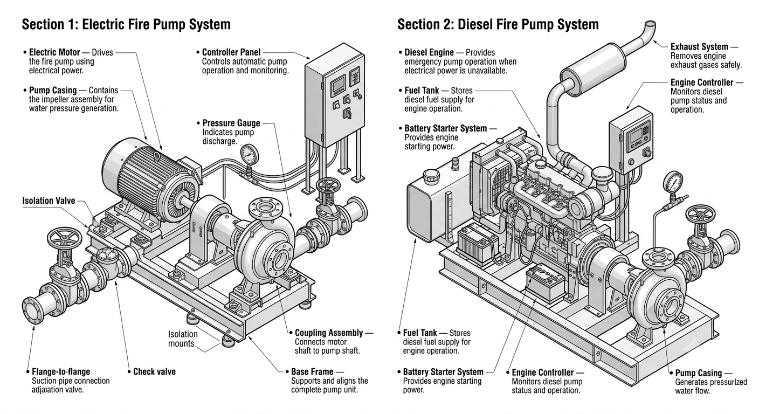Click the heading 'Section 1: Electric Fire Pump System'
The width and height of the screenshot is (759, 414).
point(126,24)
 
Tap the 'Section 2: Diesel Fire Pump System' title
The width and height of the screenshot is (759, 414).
point(498,24)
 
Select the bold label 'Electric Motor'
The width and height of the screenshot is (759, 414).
point(54,52)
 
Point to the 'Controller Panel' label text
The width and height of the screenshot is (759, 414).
point(231,52)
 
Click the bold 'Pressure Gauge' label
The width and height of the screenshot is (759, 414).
point(231,123)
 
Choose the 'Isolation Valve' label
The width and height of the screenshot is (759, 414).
point(49,201)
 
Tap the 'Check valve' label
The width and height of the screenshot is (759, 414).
point(155,371)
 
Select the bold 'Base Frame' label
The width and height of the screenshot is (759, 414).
point(313,371)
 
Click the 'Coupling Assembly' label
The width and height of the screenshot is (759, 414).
point(329,333)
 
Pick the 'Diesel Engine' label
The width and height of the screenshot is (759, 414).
point(429,52)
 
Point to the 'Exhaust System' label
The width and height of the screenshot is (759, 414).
point(699,47)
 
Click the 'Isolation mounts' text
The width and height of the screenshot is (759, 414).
point(182,339)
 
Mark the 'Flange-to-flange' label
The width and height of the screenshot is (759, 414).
point(61,371)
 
